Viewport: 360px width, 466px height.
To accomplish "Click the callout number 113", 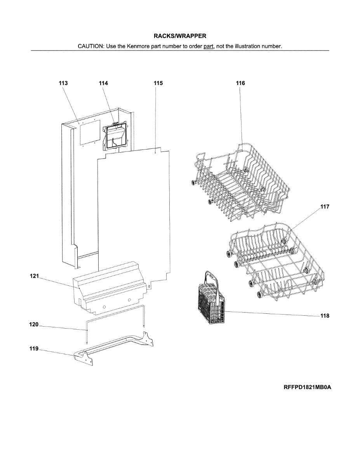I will pyautogui.click(x=63, y=83).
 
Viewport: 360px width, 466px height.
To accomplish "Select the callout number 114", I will pyautogui.click(x=103, y=83).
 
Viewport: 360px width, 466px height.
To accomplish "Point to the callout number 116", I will pyautogui.click(x=240, y=83).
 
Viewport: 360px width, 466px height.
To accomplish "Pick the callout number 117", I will pyautogui.click(x=325, y=207).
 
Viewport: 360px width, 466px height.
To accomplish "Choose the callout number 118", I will pyautogui.click(x=325, y=316).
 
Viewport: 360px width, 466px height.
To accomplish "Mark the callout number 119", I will pyautogui.click(x=34, y=349).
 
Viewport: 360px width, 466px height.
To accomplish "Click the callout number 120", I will pyautogui.click(x=34, y=325).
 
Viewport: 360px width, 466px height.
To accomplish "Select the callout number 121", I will pyautogui.click(x=35, y=276).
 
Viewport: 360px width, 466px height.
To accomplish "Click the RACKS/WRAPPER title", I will pyautogui.click(x=180, y=36).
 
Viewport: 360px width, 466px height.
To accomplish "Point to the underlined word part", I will pyautogui.click(x=209, y=46).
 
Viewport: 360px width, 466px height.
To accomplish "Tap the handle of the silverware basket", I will pyautogui.click(x=212, y=276).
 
